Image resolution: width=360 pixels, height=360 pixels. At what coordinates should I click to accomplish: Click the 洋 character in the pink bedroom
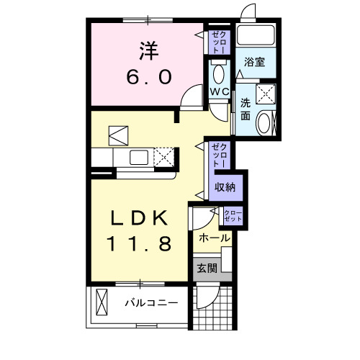(x=148, y=50)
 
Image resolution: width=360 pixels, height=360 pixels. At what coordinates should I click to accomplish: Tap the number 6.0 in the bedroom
(x=148, y=76)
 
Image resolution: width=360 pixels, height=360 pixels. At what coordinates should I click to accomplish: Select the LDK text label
(x=141, y=218)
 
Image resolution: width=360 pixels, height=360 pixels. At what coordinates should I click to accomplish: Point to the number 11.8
(x=141, y=245)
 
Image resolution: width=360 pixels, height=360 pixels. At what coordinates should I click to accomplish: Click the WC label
(x=219, y=91)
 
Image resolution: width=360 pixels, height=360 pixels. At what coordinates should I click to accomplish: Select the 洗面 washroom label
(x=246, y=109)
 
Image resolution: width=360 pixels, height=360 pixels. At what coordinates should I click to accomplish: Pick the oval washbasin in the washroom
(x=264, y=123)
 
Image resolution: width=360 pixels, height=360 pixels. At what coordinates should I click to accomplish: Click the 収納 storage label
(x=225, y=186)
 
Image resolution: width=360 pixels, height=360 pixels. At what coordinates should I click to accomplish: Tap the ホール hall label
(x=214, y=238)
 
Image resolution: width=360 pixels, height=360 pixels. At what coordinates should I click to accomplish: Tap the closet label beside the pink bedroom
(x=217, y=41)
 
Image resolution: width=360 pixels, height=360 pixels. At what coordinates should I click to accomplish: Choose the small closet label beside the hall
(x=233, y=215)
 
